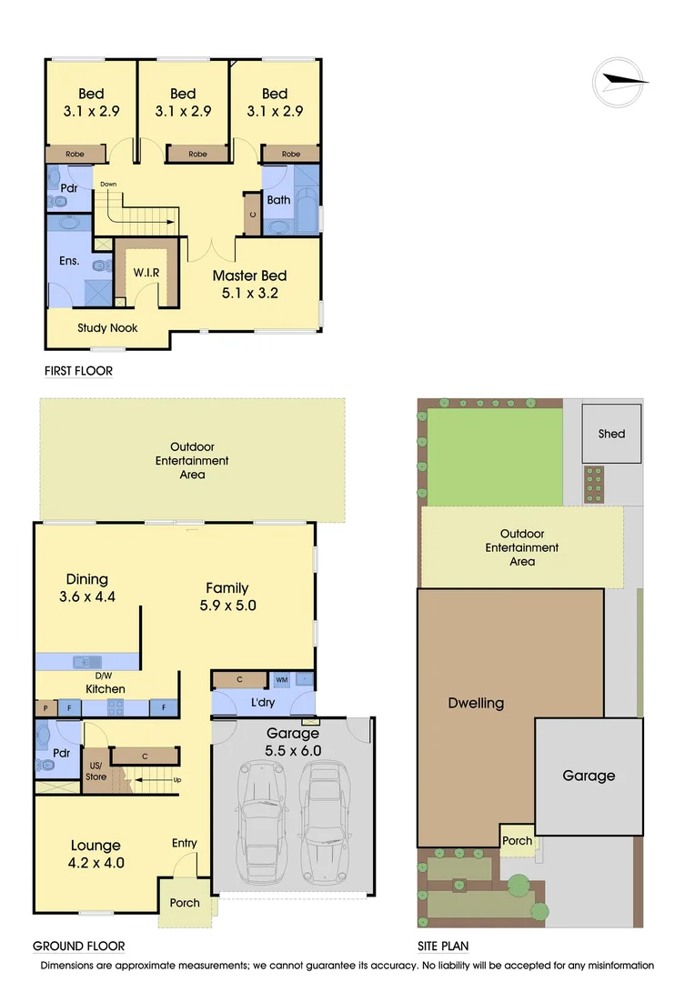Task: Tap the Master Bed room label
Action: coord(249,276)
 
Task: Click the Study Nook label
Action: coord(107,328)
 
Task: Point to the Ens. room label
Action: coord(69,262)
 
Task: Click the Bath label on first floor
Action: coord(278,200)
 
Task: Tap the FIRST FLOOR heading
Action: coord(78,372)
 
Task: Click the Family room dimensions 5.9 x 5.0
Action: coord(227,606)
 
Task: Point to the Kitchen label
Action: coord(106,689)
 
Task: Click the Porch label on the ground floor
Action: coord(185,903)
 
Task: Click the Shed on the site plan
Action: coord(611,434)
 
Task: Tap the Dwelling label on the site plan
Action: coord(476,703)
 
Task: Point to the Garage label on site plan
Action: coord(588,776)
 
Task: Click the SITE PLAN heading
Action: coord(443,946)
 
